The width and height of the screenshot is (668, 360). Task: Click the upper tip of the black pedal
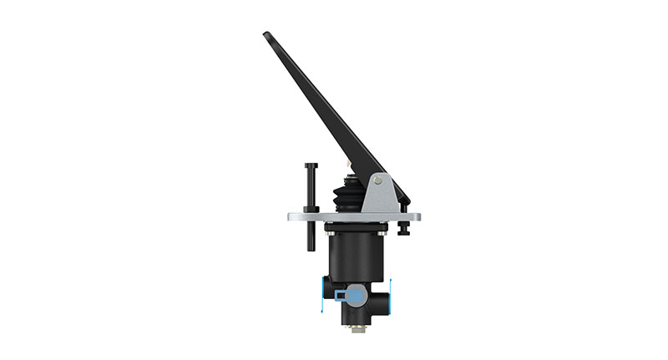pos(266,35)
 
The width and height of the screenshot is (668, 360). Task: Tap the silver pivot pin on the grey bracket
pos(379,180)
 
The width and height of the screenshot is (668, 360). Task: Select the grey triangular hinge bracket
pos(379,195)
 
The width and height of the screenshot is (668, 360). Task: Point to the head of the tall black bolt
pos(311,165)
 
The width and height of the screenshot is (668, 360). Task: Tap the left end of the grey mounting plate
pos(291,216)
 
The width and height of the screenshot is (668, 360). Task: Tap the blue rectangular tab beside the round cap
pos(340,295)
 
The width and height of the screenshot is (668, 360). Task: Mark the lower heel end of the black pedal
pos(406,200)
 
